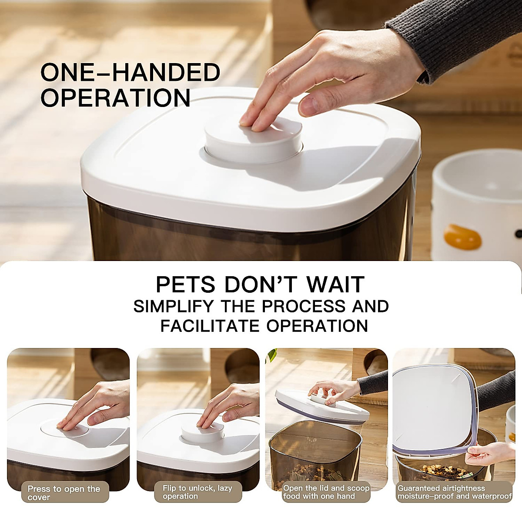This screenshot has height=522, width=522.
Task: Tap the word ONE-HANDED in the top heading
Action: click(x=130, y=72)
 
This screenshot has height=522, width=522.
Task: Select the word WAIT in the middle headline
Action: click(x=335, y=285)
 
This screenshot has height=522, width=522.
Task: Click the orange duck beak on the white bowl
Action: click(x=463, y=237)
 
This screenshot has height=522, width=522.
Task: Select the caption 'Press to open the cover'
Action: click(x=64, y=493)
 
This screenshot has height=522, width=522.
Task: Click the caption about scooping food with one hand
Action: click(x=326, y=492)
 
